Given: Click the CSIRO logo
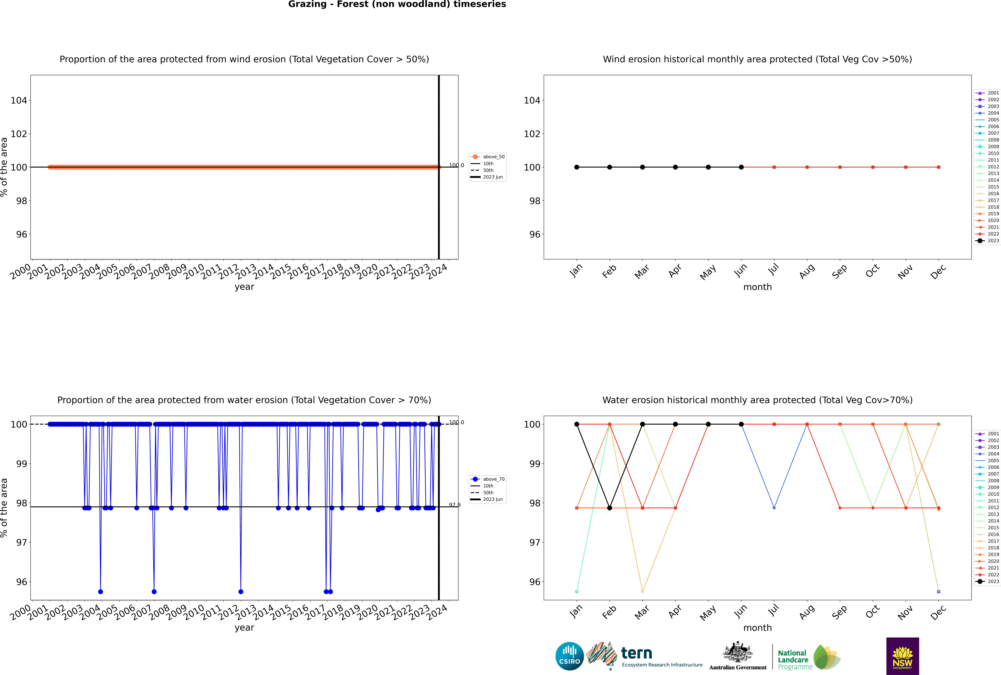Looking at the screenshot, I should (569, 656).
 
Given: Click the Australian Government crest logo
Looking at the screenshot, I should (738, 656).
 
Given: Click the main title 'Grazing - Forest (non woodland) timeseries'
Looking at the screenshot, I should (397, 4).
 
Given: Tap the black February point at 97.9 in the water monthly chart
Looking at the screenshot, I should (609, 508).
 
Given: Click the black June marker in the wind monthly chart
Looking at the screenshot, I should (741, 167).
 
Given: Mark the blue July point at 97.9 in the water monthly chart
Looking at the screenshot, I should (774, 508).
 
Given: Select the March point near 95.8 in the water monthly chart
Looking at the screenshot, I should (642, 591).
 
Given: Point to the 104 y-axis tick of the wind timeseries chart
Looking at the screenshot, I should (19, 100).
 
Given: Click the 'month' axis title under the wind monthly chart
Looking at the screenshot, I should (757, 287).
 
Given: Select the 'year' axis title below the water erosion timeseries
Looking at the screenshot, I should (244, 628).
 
